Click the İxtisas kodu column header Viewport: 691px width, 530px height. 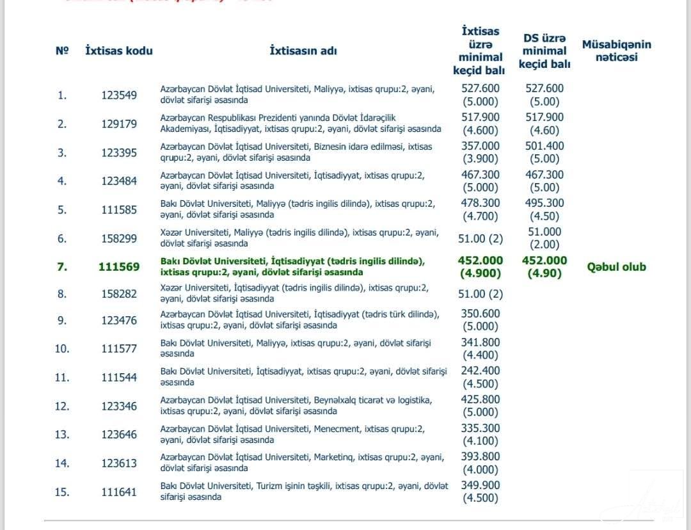(x=119, y=51)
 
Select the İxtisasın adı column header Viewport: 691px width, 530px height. (x=303, y=51)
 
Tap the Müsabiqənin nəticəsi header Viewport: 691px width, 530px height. (x=616, y=51)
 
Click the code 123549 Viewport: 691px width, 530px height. (x=119, y=95)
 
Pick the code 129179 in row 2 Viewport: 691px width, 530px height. (x=119, y=124)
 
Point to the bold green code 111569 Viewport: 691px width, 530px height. (x=119, y=267)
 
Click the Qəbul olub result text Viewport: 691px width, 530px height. (x=616, y=267)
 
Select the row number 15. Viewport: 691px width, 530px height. (x=62, y=492)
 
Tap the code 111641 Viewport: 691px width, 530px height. (x=119, y=492)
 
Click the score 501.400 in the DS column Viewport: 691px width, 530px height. (x=544, y=146)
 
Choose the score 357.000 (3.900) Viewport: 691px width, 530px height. (x=481, y=152)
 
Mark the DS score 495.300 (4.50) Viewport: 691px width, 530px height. (x=544, y=209)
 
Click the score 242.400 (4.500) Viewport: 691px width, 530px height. (x=481, y=377)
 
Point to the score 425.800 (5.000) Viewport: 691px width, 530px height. (x=481, y=406)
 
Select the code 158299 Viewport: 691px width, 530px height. (x=119, y=238)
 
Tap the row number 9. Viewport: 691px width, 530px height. (x=62, y=320)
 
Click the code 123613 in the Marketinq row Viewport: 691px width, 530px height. (x=119, y=463)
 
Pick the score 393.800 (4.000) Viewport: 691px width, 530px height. (x=481, y=463)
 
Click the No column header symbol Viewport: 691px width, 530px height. (x=62, y=51)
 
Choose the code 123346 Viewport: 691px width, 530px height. (x=119, y=406)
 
